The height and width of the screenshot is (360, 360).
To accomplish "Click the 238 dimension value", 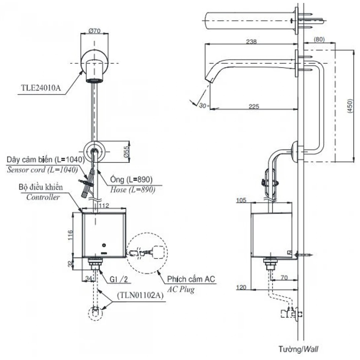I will tap(252, 42).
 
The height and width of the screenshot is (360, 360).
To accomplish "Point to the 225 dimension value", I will tap(252, 106).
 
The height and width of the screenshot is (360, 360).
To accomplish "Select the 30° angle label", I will tap(203, 105).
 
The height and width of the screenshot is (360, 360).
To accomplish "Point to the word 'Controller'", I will tap(43, 198).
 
